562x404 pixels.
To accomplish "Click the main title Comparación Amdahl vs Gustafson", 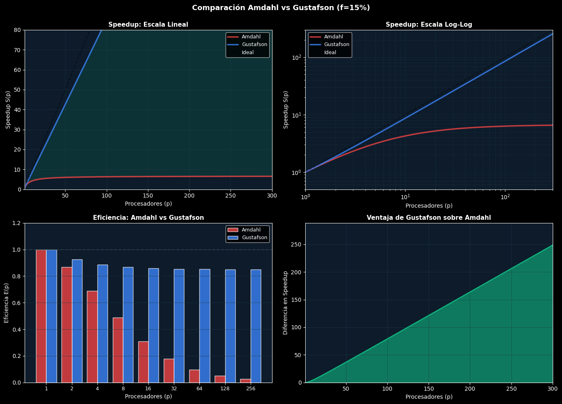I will [x=281, y=8].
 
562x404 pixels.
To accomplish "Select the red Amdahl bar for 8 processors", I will [x=118, y=350].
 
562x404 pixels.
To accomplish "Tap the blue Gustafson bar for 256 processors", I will [x=256, y=326].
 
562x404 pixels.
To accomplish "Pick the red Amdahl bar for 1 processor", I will [x=41, y=316].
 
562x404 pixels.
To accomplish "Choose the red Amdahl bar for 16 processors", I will [x=143, y=362].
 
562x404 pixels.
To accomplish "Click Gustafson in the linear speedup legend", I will [x=254, y=44].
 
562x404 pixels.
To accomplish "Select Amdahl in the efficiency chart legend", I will [x=251, y=230].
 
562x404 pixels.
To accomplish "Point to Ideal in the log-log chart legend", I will [x=330, y=53].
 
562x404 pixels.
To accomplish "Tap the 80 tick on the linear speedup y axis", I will [x=18, y=30].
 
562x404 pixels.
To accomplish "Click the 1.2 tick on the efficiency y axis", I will [x=17, y=223].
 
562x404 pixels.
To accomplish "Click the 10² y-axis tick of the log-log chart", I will [x=296, y=58].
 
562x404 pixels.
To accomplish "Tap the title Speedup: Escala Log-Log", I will [x=429, y=25].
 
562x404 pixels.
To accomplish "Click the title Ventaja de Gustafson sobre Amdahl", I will [x=429, y=218].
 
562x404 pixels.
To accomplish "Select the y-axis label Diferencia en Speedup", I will [x=285, y=303].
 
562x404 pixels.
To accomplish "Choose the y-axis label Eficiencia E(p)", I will [x=6, y=303].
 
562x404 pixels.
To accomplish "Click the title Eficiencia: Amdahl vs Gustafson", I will [x=148, y=218].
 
